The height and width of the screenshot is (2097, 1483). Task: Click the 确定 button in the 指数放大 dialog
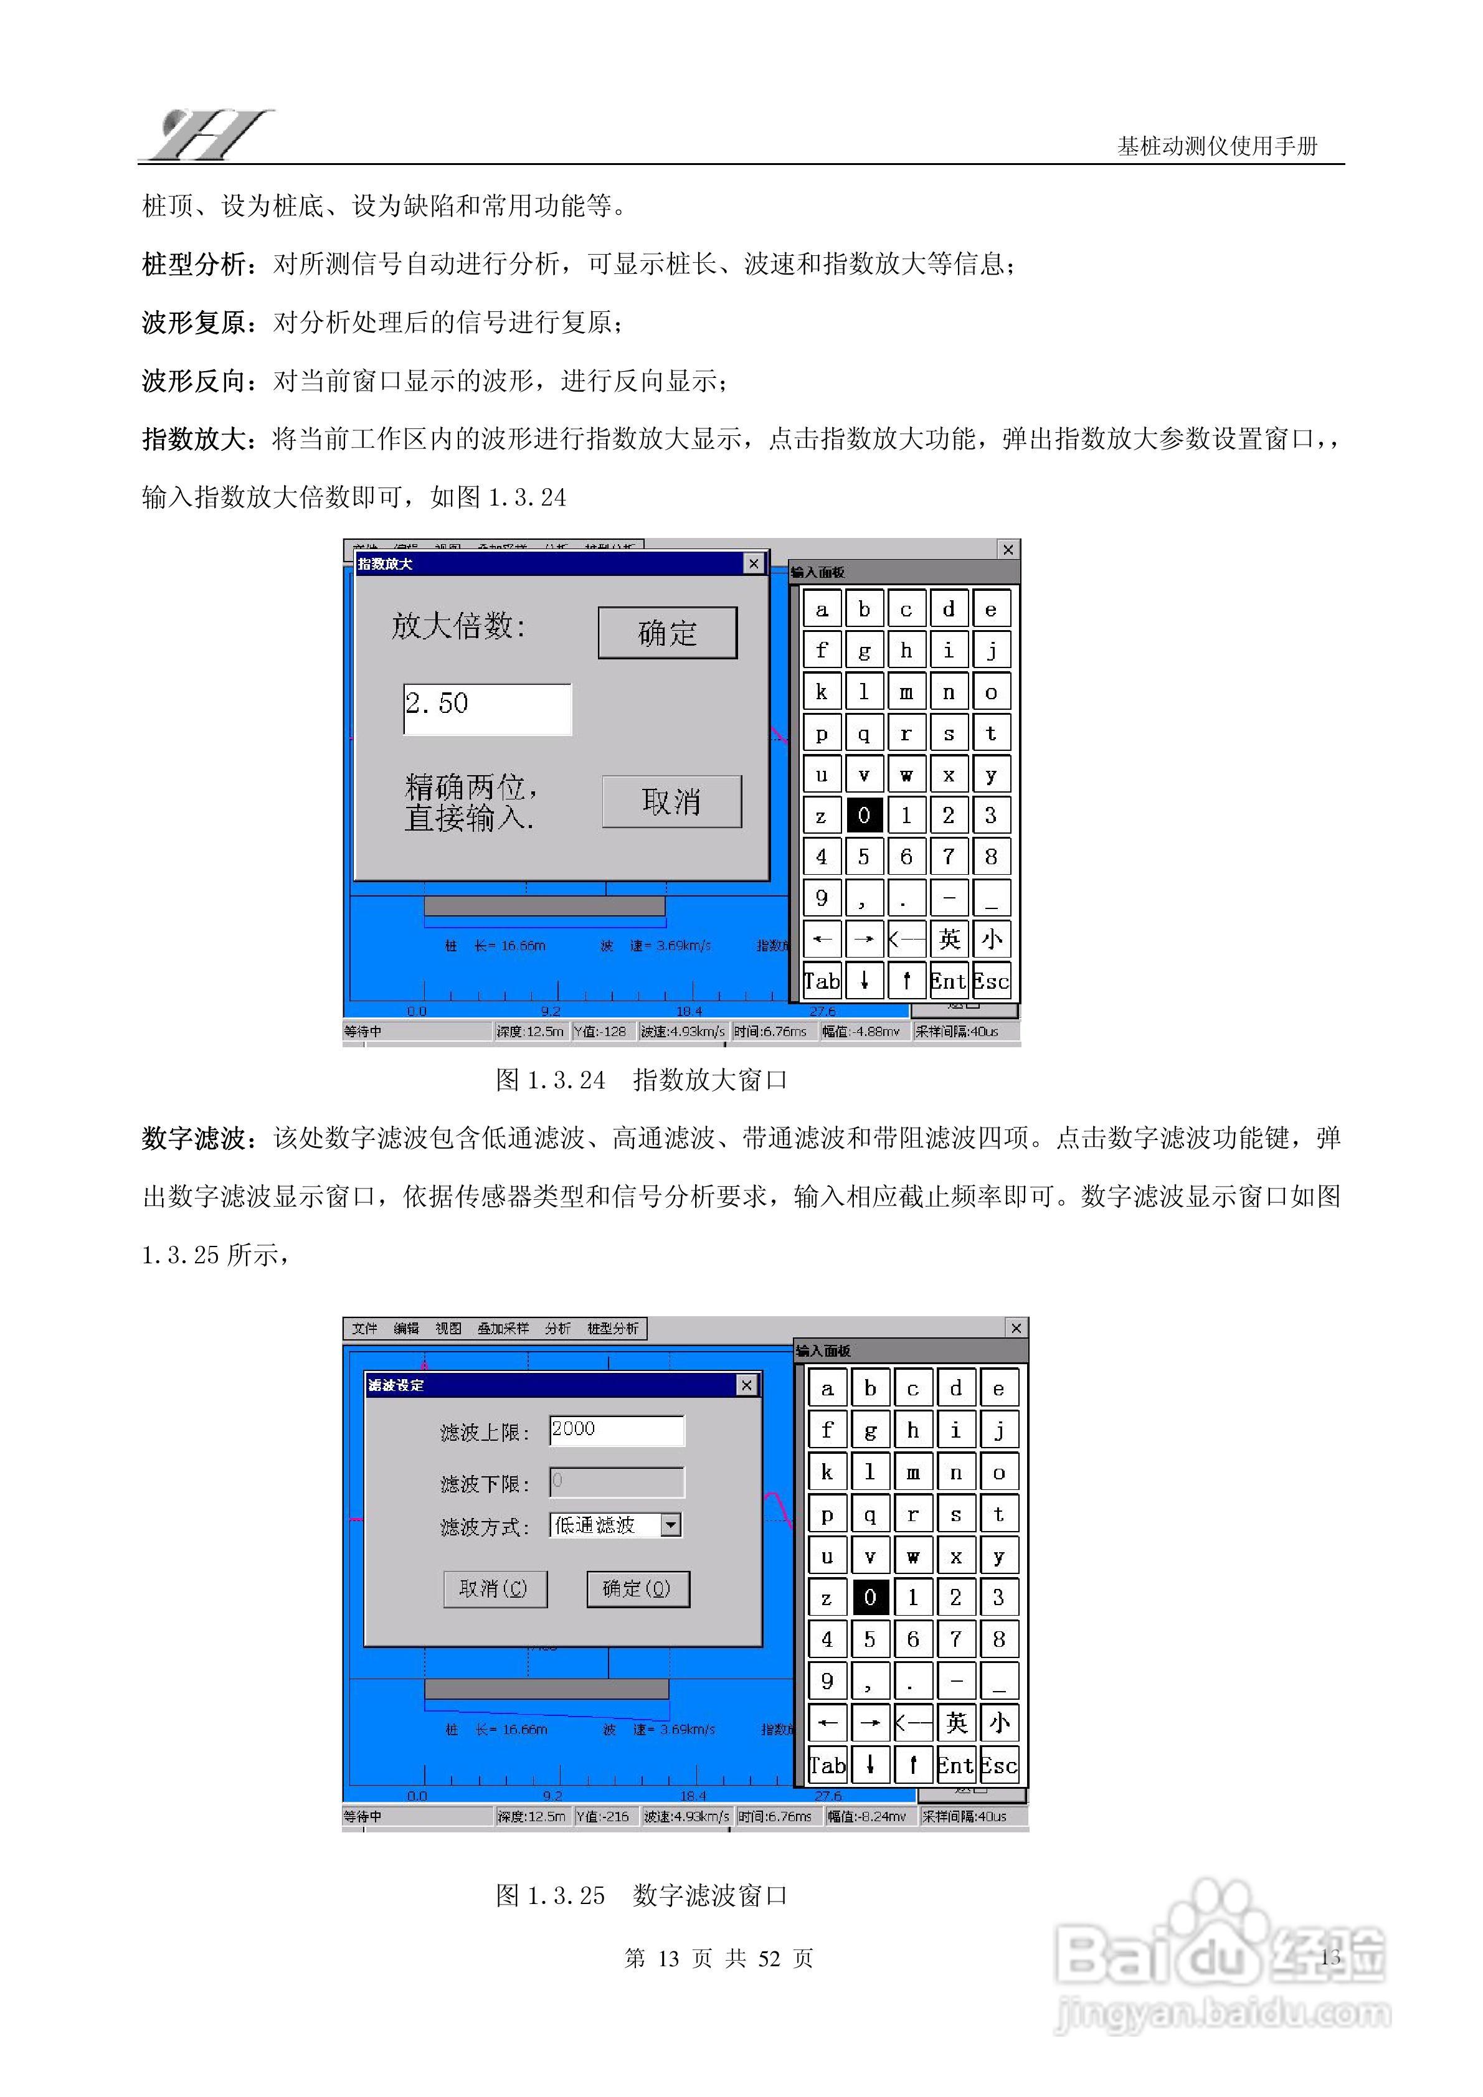click(667, 632)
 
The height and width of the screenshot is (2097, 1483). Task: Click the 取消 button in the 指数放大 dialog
click(671, 801)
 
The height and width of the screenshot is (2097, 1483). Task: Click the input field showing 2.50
click(487, 709)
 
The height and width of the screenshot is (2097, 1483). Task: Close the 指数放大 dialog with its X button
click(753, 563)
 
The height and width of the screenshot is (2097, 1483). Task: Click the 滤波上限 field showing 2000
click(616, 1430)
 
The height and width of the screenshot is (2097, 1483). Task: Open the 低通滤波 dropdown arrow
click(671, 1524)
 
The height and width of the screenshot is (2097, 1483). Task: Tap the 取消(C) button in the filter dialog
click(495, 1588)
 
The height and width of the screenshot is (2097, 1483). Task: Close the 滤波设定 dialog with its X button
click(747, 1385)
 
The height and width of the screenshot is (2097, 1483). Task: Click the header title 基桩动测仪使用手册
click(1216, 146)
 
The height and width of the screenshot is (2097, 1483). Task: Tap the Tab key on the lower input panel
click(828, 1765)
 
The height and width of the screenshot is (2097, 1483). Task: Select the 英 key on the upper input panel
click(949, 939)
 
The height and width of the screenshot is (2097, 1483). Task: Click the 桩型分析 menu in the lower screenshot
click(612, 1328)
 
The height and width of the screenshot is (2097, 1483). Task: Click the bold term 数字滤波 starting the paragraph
click(193, 1138)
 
